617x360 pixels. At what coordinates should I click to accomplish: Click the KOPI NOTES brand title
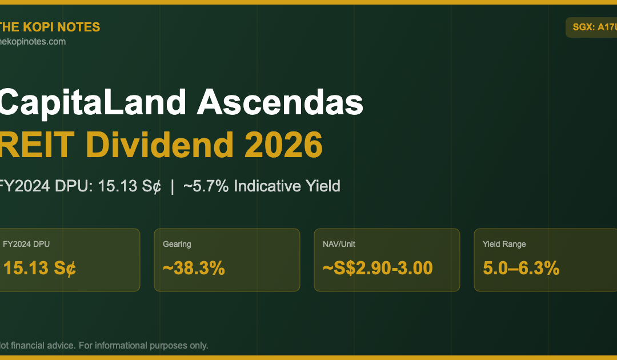coord(50,27)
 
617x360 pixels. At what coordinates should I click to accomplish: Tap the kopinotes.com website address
coord(33,42)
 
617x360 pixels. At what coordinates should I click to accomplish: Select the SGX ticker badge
coord(591,27)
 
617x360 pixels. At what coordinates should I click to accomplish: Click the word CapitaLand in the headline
coord(93,102)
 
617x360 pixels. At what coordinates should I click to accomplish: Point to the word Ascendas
coord(280,102)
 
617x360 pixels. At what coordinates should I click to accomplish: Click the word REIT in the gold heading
coord(37,145)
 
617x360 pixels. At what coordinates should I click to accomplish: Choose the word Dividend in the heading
coord(159,145)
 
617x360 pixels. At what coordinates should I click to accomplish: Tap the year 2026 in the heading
coord(283,145)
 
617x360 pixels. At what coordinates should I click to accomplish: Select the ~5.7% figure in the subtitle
coord(206,186)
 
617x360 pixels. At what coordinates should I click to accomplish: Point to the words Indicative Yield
coord(287,186)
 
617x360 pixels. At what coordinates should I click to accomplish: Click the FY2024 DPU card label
coord(26,244)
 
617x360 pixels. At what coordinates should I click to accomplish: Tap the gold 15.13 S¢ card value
coord(39,269)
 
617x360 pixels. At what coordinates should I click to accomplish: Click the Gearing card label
coord(177,244)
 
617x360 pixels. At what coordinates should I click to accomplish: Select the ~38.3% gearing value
coord(194,269)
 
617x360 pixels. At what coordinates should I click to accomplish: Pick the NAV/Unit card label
coord(339,244)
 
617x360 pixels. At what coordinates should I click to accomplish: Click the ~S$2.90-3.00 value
coord(378,269)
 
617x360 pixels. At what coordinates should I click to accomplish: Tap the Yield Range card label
coord(504,244)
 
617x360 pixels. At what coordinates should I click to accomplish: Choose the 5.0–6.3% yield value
coord(521,269)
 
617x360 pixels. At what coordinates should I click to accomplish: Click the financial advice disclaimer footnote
coord(104,346)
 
